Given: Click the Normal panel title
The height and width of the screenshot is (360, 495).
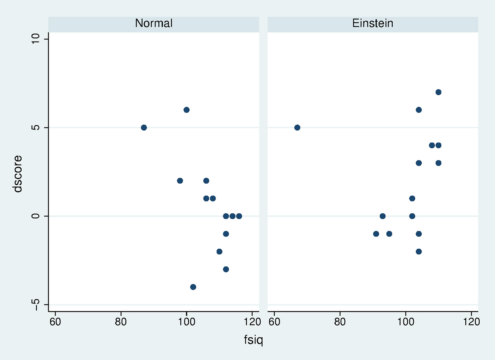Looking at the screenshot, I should tap(154, 23).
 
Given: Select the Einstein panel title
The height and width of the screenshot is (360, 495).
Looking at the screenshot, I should tap(372, 23).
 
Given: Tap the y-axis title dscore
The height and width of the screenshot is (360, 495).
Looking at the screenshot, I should tap(17, 174).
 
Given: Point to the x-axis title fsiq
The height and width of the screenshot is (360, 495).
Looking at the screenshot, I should tap(253, 340).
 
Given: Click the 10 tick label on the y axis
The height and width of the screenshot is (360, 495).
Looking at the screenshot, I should tap(36, 39).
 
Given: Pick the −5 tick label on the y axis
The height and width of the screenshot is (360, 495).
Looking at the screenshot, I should tap(36, 304).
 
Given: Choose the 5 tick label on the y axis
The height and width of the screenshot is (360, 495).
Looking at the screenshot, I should tap(36, 127).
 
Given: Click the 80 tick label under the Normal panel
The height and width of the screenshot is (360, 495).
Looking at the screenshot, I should tap(121, 322).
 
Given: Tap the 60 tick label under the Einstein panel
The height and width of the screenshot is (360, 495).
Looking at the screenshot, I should tap(274, 322).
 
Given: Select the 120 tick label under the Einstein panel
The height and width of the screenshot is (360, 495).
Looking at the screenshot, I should tap(471, 322).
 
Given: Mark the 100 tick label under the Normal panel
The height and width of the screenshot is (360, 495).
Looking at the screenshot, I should tap(187, 322).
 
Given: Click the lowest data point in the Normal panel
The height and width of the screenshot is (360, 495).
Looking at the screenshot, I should tap(193, 287).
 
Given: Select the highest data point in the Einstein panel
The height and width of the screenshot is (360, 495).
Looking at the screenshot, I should tap(438, 92).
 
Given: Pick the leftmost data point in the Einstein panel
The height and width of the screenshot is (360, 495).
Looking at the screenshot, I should tap(297, 127).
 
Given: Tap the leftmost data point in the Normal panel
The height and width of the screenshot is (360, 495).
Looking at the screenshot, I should tap(144, 127).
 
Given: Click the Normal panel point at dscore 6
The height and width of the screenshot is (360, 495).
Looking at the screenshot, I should tap(187, 110).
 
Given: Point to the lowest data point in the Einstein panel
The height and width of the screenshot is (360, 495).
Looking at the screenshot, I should tap(419, 252).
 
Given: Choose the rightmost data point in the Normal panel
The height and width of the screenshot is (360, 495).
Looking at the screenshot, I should tap(239, 216).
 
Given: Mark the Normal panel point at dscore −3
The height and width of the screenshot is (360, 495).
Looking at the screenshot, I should tap(226, 269).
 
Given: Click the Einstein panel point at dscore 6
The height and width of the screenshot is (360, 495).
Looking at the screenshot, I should tap(419, 110).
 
